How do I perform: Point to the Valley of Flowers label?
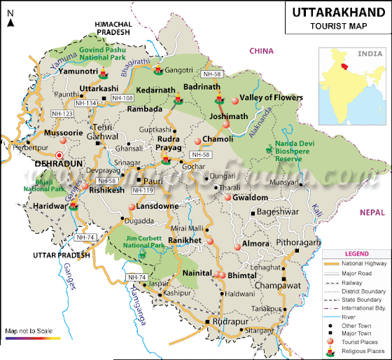[271, 97]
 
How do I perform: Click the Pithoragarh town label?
[300, 242]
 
